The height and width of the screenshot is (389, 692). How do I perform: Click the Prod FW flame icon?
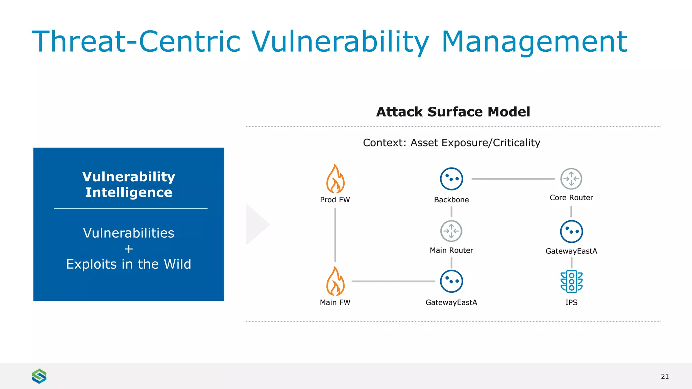pyautogui.click(x=335, y=179)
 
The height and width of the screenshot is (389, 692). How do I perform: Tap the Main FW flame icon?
pyautogui.click(x=335, y=281)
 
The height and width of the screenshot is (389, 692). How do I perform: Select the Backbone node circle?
pyautogui.click(x=451, y=179)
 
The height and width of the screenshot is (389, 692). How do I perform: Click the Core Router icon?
pyautogui.click(x=571, y=179)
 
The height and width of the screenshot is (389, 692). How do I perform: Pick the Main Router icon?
pyautogui.click(x=451, y=231)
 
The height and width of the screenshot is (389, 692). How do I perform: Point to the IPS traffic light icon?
pyautogui.click(x=571, y=281)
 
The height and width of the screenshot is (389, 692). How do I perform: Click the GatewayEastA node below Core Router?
pyautogui.click(x=571, y=232)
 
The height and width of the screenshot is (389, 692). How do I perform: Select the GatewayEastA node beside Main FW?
pyautogui.click(x=451, y=281)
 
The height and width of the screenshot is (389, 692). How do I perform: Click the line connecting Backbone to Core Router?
pyautogui.click(x=513, y=179)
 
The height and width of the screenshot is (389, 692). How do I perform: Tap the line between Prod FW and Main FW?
pyautogui.click(x=335, y=235)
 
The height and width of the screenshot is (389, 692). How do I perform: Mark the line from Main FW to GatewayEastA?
pyautogui.click(x=393, y=281)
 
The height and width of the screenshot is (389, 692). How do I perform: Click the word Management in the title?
pyautogui.click(x=534, y=42)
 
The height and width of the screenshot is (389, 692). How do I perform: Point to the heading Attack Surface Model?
pyautogui.click(x=453, y=112)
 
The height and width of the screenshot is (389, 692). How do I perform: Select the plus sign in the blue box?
pyautogui.click(x=129, y=249)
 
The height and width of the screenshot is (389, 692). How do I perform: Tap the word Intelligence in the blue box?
pyautogui.click(x=129, y=192)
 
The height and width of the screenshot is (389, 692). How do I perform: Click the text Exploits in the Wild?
pyautogui.click(x=129, y=264)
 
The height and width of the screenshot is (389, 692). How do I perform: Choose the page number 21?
pyautogui.click(x=665, y=376)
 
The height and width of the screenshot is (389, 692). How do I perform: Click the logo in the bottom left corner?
pyautogui.click(x=39, y=376)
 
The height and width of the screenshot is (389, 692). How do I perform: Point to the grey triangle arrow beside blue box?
pyautogui.click(x=256, y=224)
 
